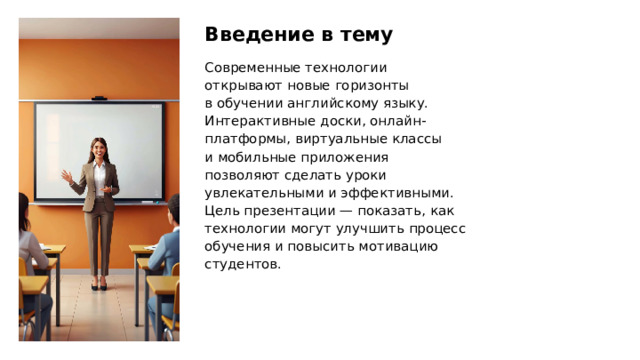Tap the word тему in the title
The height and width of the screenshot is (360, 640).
point(360,35)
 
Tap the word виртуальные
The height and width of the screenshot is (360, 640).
point(329,139)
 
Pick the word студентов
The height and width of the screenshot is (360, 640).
point(241,264)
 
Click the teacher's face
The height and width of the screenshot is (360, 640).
point(98,151)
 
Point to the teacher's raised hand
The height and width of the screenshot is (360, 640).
point(67,177)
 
